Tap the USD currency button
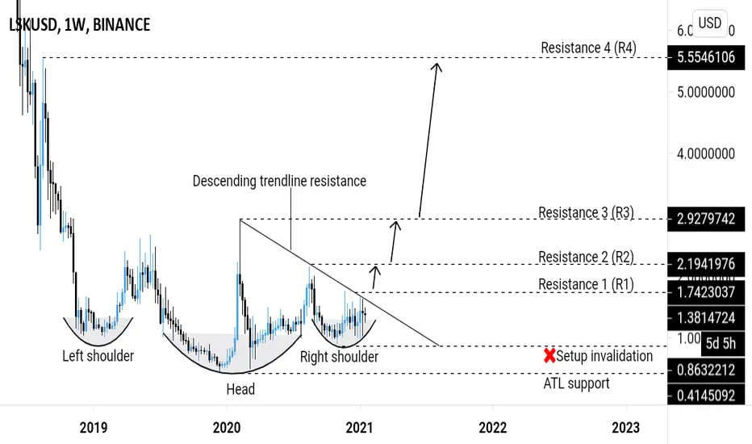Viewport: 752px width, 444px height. pos(709,23)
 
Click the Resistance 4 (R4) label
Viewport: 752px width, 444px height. pos(588,48)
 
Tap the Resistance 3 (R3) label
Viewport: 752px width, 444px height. pos(586,213)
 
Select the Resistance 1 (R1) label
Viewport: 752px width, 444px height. pos(586,283)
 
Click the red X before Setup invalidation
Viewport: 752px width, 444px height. pos(550,355)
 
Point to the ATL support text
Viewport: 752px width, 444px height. pos(576,383)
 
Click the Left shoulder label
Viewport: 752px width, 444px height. pos(98,355)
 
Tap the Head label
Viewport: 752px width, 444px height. pos(240,389)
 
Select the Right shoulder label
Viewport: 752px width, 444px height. pos(339,356)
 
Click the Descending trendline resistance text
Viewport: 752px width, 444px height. pos(279,181)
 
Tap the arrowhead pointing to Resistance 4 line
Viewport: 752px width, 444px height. pos(437,65)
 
